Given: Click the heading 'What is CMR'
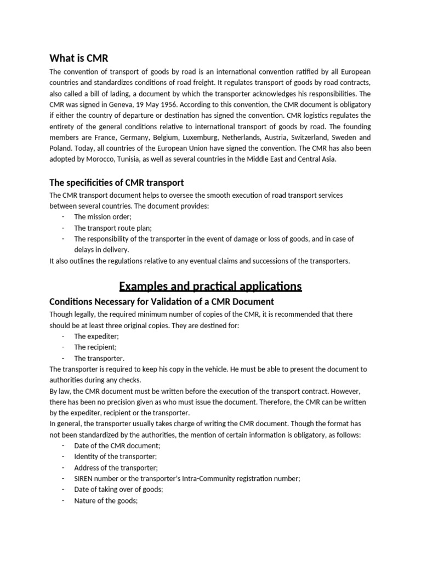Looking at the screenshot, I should [82, 58].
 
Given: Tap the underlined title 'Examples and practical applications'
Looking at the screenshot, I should [210, 286].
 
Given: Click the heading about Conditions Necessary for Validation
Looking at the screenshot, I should [162, 302].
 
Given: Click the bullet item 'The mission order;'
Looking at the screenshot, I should [103, 217].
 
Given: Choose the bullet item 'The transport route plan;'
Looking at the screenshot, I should [113, 228].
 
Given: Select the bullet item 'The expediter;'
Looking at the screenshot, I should [96, 336].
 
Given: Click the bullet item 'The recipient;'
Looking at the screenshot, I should [95, 347].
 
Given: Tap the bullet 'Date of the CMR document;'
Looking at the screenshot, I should [117, 445].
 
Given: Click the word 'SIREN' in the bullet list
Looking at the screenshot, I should [85, 478].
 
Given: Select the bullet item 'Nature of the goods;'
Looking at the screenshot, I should [105, 500].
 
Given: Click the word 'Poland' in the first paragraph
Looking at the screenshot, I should [60, 148].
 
